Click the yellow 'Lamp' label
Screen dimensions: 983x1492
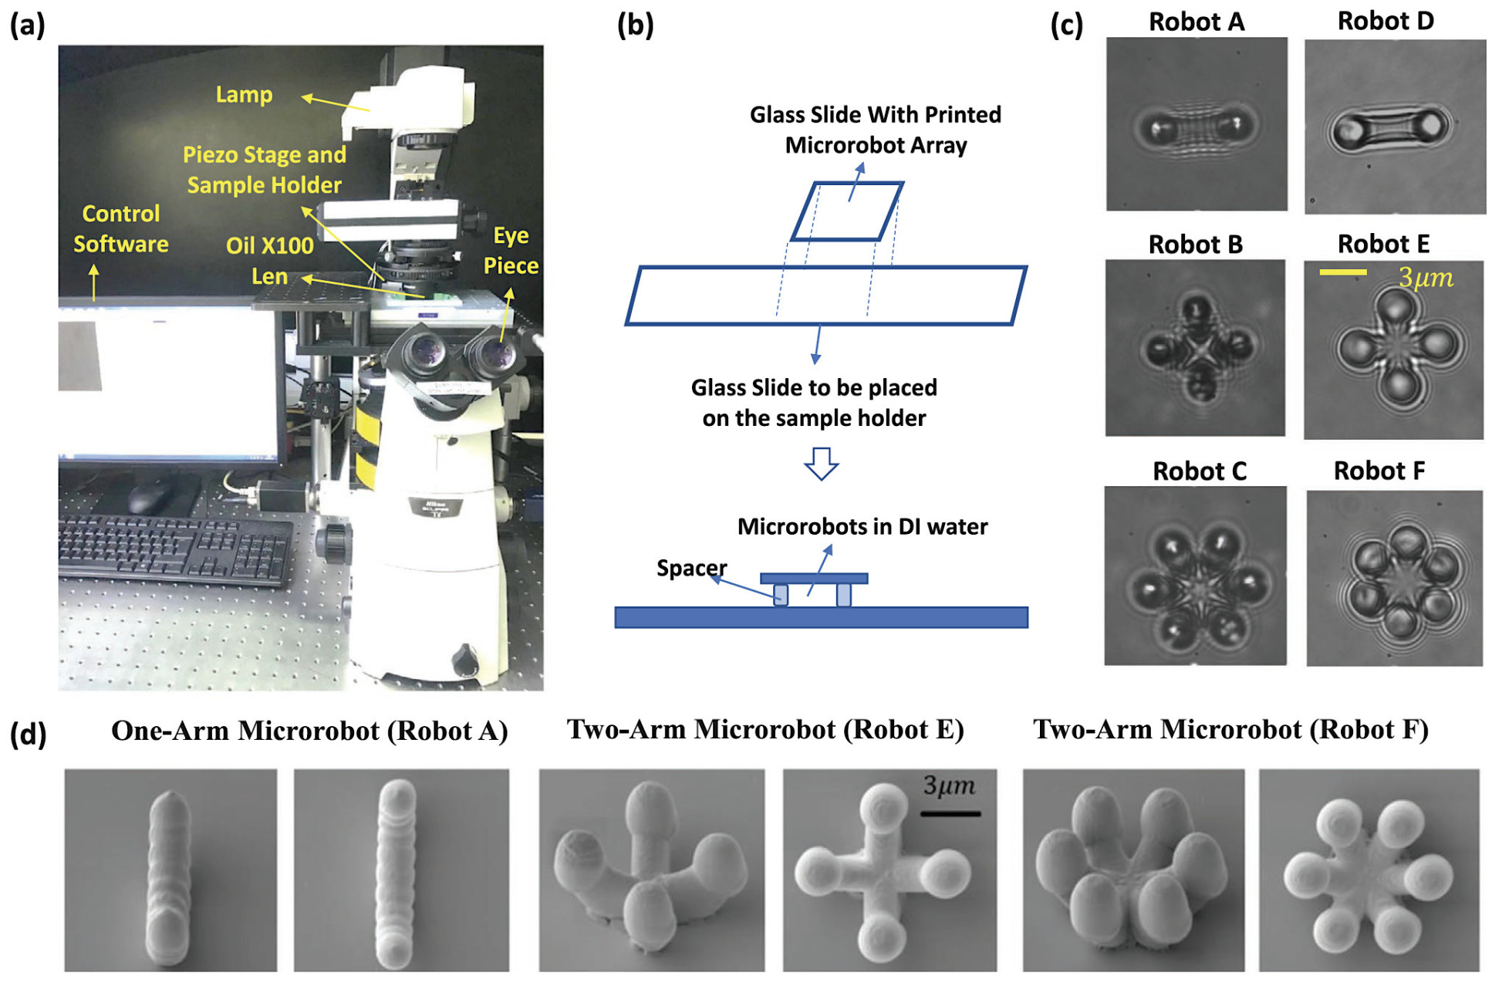[244, 95]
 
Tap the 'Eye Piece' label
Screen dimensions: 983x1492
[511, 250]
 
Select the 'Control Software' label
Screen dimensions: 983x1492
[121, 228]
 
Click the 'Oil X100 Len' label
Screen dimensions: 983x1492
[269, 261]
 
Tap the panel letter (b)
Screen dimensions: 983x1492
[635, 25]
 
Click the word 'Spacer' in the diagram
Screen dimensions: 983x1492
[690, 568]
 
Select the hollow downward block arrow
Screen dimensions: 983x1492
[821, 463]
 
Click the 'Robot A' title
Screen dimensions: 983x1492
[1196, 22]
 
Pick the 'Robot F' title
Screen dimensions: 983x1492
[1379, 471]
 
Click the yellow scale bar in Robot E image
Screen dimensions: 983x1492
[1342, 272]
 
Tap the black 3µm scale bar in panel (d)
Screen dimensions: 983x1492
[950, 813]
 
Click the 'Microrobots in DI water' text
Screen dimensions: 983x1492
[862, 527]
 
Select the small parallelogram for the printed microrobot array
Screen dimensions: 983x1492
[846, 211]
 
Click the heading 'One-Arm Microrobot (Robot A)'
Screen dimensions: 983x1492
[309, 731]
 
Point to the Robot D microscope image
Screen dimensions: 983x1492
[1394, 127]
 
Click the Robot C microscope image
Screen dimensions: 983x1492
[1195, 576]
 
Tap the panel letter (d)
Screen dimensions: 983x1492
[28, 734]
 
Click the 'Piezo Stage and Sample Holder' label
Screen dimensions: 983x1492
[264, 170]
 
